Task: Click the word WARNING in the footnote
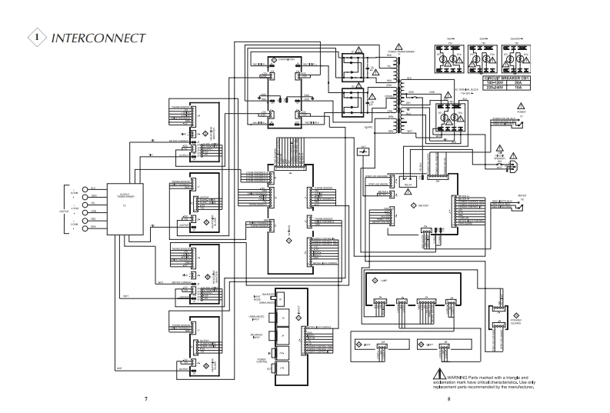tap(451, 378)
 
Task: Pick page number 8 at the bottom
tap(448, 399)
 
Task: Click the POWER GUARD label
tap(516, 322)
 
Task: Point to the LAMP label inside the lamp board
tap(384, 282)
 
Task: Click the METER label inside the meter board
tap(424, 207)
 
